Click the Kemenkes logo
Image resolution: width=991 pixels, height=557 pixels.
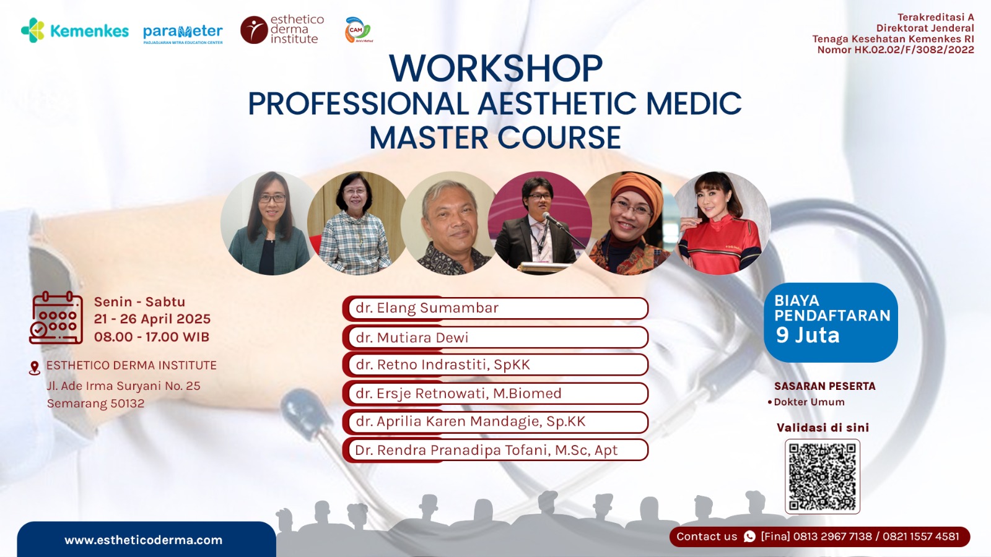point(75,30)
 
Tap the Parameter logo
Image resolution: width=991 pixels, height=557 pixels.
point(183,33)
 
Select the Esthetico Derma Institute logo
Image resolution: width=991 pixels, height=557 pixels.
point(282,30)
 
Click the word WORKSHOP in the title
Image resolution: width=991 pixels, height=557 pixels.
point(495,69)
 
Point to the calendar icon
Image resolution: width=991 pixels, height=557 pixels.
point(56,317)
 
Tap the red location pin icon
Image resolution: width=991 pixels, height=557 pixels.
point(34,368)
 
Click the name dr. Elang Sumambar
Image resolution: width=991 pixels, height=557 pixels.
point(427,308)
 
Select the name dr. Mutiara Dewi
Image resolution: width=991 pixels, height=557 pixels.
point(412,338)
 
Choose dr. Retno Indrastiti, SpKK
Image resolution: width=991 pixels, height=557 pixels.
point(443,365)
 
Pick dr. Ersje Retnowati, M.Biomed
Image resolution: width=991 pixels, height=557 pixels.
point(458,394)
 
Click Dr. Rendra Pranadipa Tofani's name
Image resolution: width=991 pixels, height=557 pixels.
point(486,450)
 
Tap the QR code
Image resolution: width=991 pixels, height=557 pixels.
point(823,477)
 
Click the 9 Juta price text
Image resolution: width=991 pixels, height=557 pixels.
point(808,335)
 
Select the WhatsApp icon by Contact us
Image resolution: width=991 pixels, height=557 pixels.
point(749,537)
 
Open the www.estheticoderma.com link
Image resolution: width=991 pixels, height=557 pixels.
point(143,540)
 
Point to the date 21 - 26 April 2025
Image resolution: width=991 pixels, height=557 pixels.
point(152,319)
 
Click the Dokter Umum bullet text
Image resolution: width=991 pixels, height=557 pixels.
point(809,402)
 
